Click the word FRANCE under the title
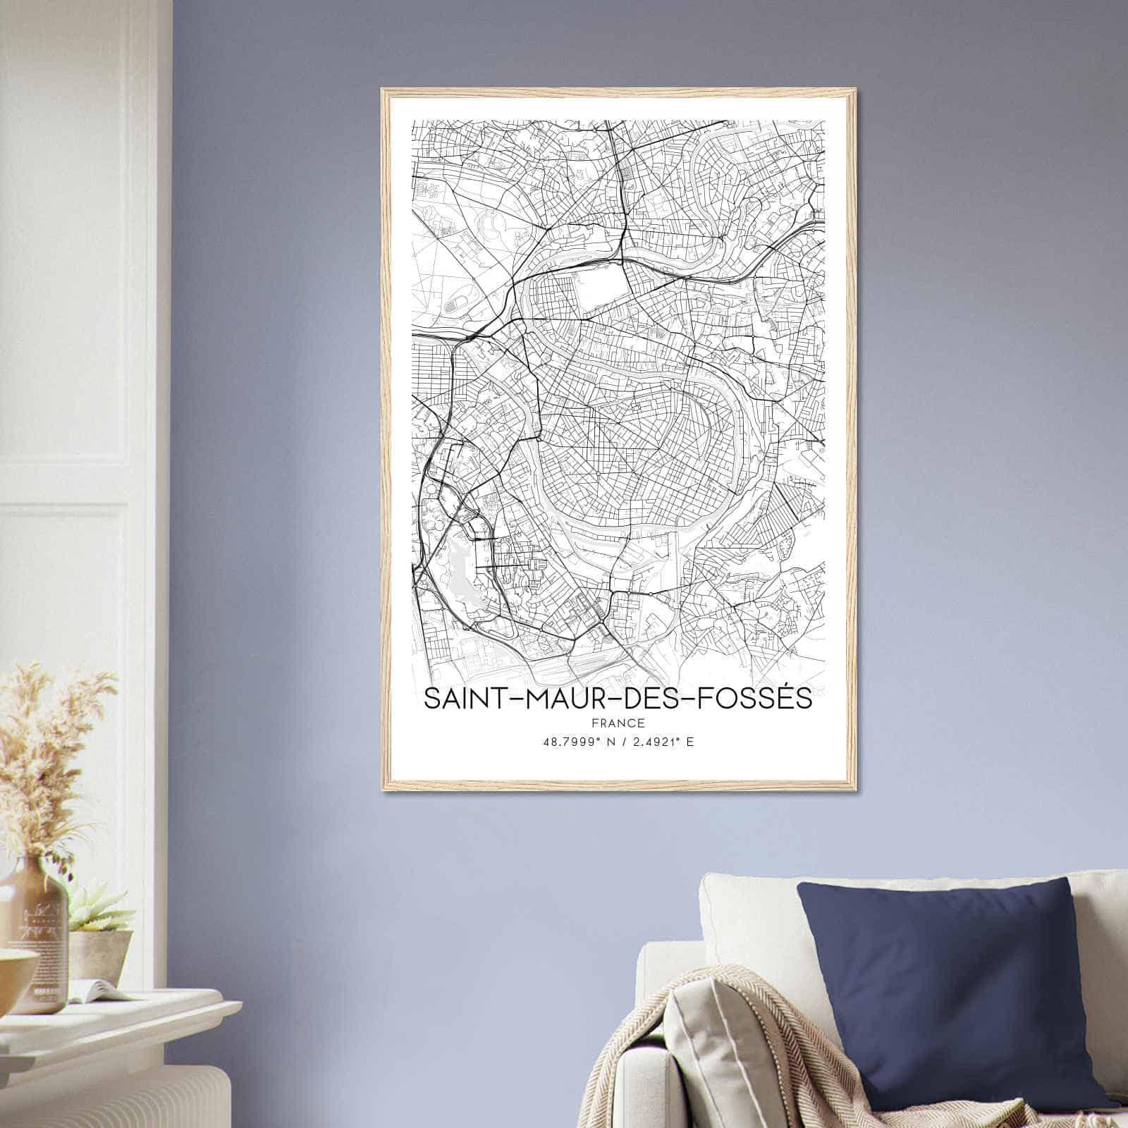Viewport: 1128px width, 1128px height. pos(618,723)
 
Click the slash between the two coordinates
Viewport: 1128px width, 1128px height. pos(618,742)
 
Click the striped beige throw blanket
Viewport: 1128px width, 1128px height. pos(761,1057)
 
